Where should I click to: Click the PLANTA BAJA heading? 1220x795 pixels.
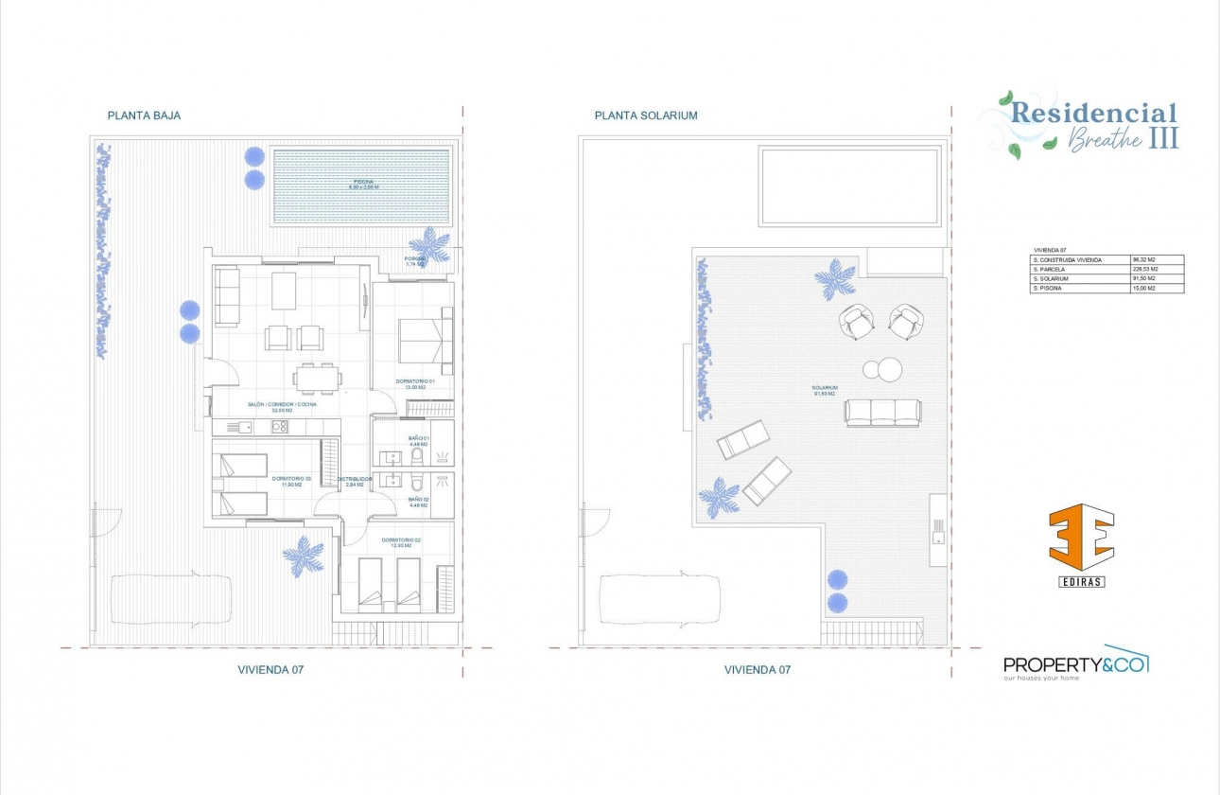coord(144,115)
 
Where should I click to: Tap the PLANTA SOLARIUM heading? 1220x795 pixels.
coord(646,115)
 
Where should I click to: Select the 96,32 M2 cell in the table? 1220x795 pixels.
coord(1145,259)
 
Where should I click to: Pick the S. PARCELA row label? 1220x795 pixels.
coord(1049,269)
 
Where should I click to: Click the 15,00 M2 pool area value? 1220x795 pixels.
coord(1145,288)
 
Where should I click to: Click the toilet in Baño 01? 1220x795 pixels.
coord(417,458)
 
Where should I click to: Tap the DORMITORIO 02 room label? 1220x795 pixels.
coord(402,541)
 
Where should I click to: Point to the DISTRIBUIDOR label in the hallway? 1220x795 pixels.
coord(355,480)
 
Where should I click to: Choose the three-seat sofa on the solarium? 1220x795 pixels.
coord(882,412)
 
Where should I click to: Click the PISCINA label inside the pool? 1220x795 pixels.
coord(362,183)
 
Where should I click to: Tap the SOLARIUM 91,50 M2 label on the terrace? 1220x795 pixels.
coord(825,391)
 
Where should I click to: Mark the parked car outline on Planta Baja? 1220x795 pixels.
coord(171,598)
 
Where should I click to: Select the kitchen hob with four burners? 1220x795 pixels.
coord(280,427)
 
